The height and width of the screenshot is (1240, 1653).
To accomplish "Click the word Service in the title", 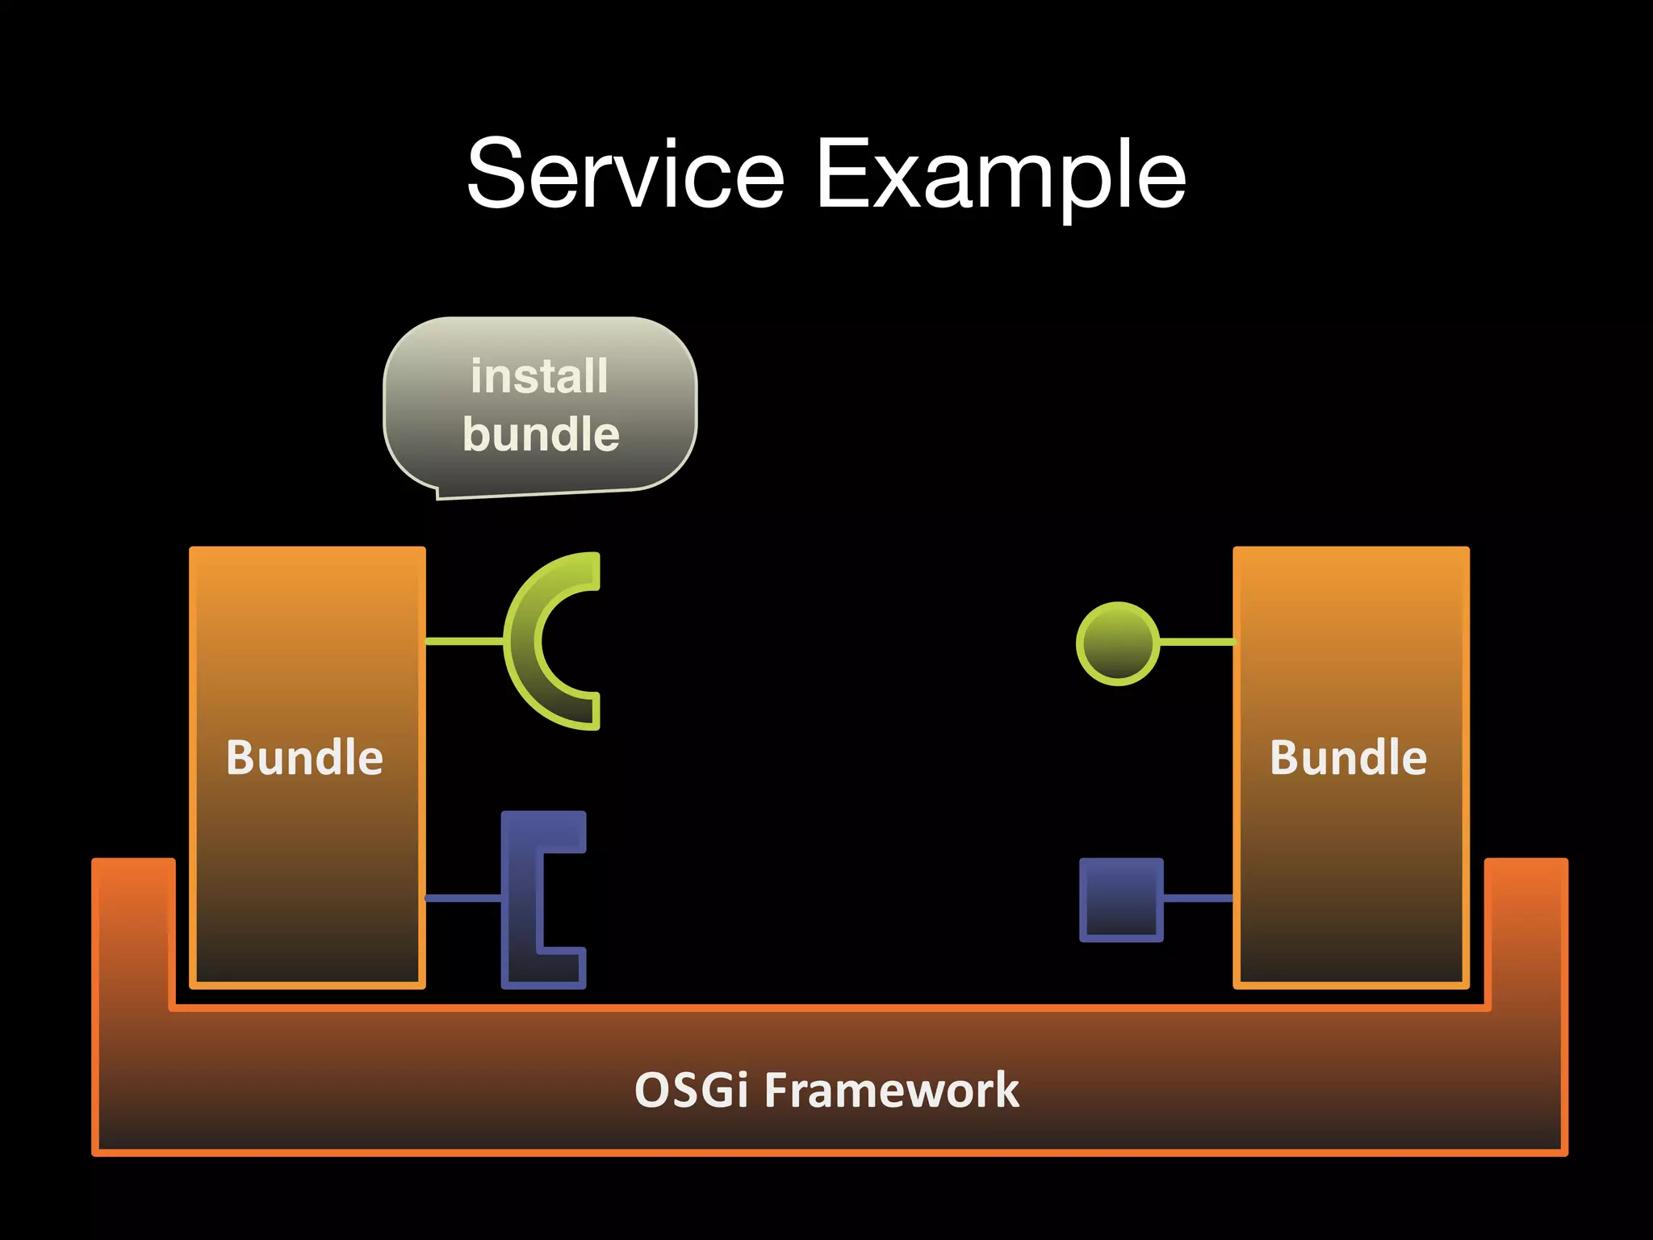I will [x=626, y=174].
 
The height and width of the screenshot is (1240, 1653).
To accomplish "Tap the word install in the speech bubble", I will [x=539, y=376].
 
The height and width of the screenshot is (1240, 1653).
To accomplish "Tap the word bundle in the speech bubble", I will [x=541, y=434].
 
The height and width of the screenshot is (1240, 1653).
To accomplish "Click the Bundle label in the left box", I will [x=304, y=757].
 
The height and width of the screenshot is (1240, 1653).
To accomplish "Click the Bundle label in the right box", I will [x=1348, y=757].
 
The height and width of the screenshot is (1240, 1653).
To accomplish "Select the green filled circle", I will [x=1118, y=643].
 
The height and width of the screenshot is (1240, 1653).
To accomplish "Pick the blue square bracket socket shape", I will [x=521, y=899].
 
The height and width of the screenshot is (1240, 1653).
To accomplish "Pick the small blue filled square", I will [x=1121, y=899].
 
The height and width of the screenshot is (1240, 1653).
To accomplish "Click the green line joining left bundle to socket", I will [x=464, y=641].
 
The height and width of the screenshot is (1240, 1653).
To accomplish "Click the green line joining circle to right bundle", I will [x=1196, y=642].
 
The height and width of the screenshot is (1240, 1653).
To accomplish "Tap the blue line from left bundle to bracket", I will [x=462, y=898].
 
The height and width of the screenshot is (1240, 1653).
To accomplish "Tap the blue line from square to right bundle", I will [x=1198, y=898].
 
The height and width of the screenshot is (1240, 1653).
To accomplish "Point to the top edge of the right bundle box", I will [x=1350, y=550].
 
